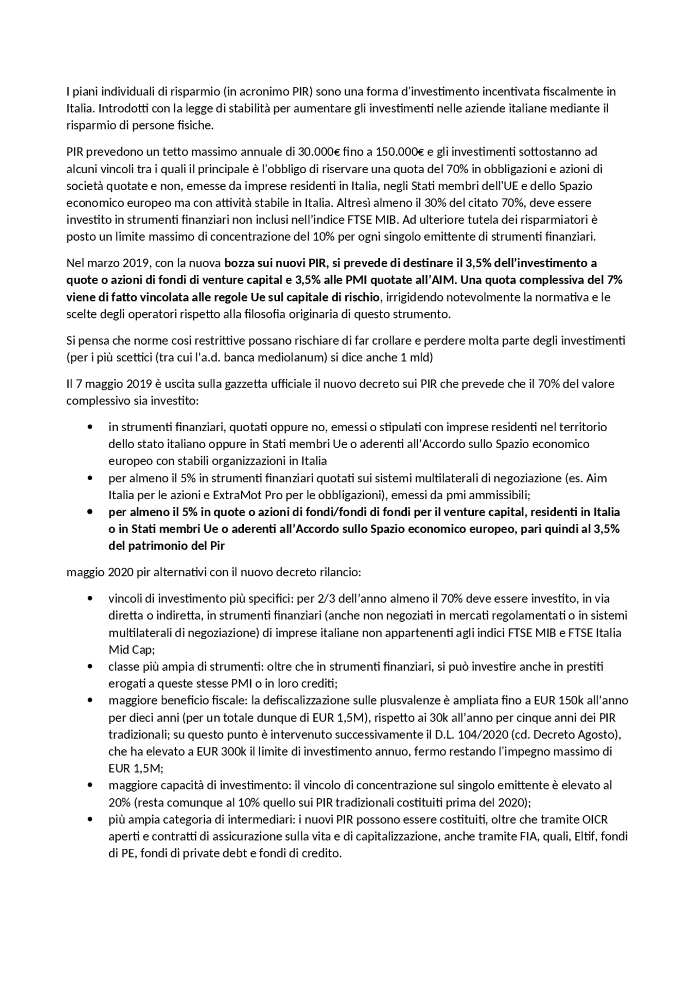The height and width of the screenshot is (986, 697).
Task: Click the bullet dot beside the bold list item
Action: [x=90, y=512]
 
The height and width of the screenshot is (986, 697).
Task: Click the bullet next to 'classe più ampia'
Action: [x=90, y=666]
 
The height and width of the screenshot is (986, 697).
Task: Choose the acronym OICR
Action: [x=595, y=819]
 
